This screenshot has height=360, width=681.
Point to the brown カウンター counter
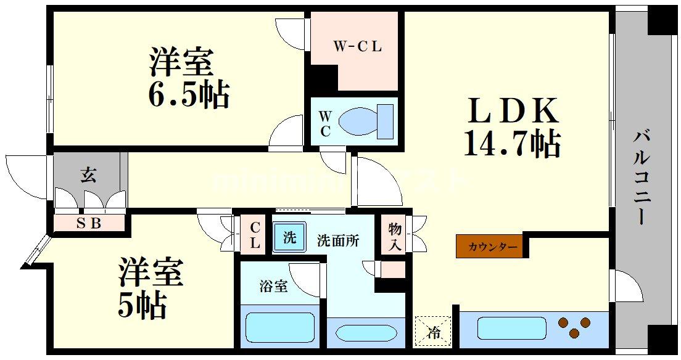489,247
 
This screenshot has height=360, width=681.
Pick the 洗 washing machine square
289,237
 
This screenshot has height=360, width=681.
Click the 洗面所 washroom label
338,240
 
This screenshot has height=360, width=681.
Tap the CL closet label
254,235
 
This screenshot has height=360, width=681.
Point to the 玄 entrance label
88,175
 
